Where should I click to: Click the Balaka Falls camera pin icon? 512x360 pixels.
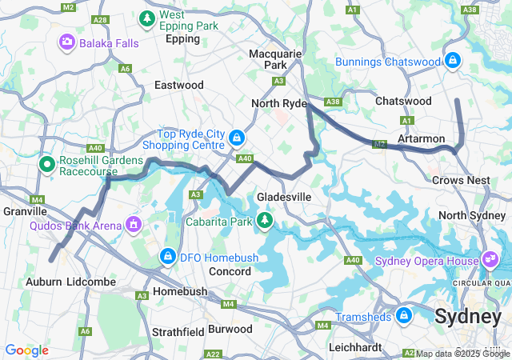click(x=67, y=42)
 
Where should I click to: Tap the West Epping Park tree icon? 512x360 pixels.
click(x=147, y=18)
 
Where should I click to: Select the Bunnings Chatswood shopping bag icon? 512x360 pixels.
click(x=453, y=61)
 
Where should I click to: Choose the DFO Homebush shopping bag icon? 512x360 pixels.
click(x=167, y=257)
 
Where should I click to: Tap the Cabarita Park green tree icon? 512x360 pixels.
click(x=264, y=219)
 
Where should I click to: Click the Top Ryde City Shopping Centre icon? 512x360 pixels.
click(x=237, y=138)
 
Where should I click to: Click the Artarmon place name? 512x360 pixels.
click(x=421, y=138)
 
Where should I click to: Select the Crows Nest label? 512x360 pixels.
click(x=461, y=180)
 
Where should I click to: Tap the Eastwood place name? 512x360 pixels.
click(x=178, y=84)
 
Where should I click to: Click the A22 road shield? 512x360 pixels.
click(x=213, y=353)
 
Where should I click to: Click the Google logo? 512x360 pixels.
click(x=27, y=350)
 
